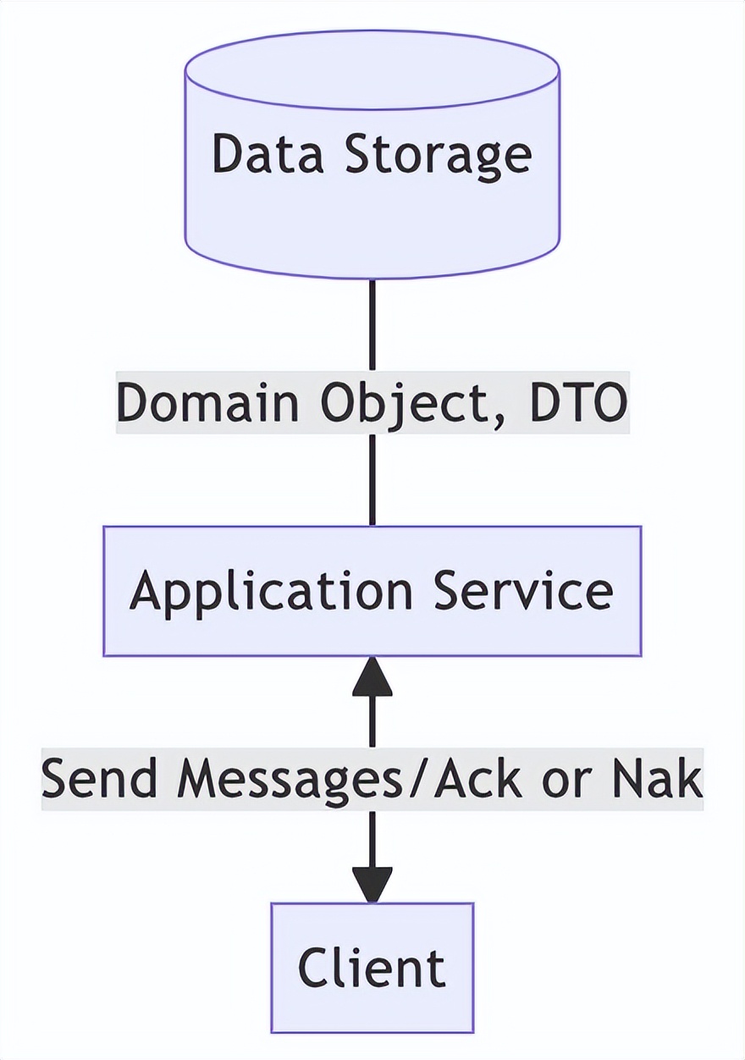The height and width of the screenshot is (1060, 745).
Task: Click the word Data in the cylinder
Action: [x=258, y=154]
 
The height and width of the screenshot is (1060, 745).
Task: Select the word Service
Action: [x=524, y=590]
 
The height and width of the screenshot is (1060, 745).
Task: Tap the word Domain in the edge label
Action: [x=207, y=402]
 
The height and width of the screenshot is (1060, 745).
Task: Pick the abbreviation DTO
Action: [x=578, y=402]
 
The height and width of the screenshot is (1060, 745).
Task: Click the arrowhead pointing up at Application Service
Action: [x=372, y=677]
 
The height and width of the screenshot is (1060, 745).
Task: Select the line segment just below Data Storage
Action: [x=372, y=326]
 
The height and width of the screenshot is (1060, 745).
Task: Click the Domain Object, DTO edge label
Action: [x=372, y=402]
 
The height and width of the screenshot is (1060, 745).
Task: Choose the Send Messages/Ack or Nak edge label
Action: [x=372, y=779]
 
